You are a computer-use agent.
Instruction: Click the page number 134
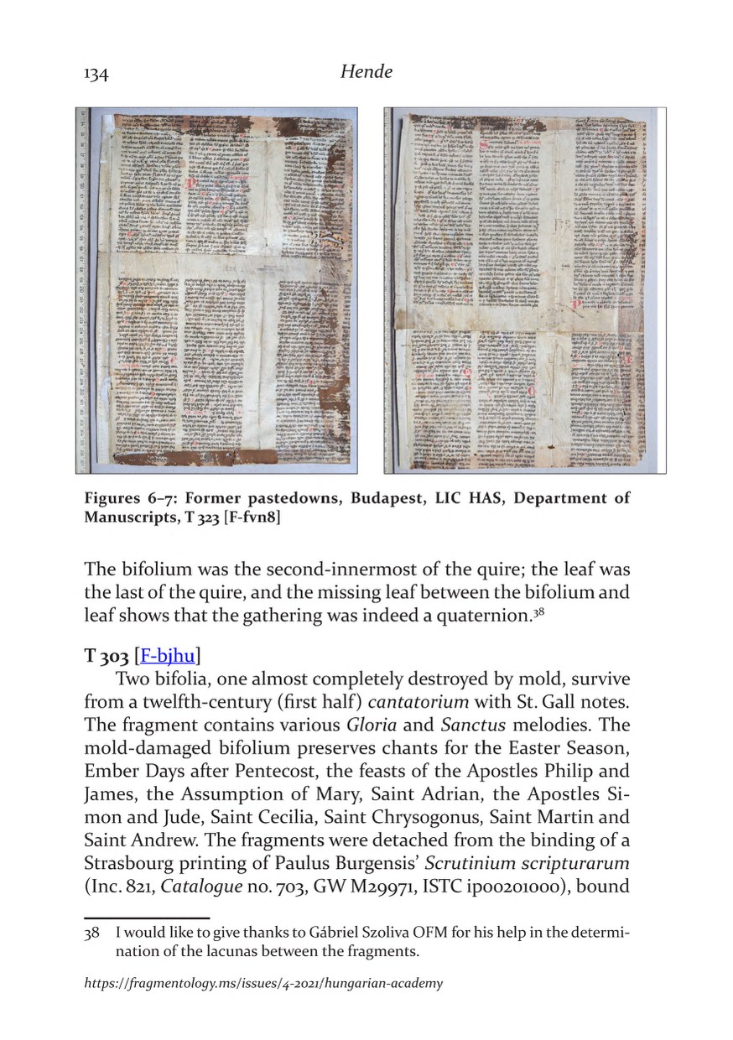[96, 75]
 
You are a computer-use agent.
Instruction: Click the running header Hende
[366, 73]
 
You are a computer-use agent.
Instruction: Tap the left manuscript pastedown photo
[217, 290]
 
